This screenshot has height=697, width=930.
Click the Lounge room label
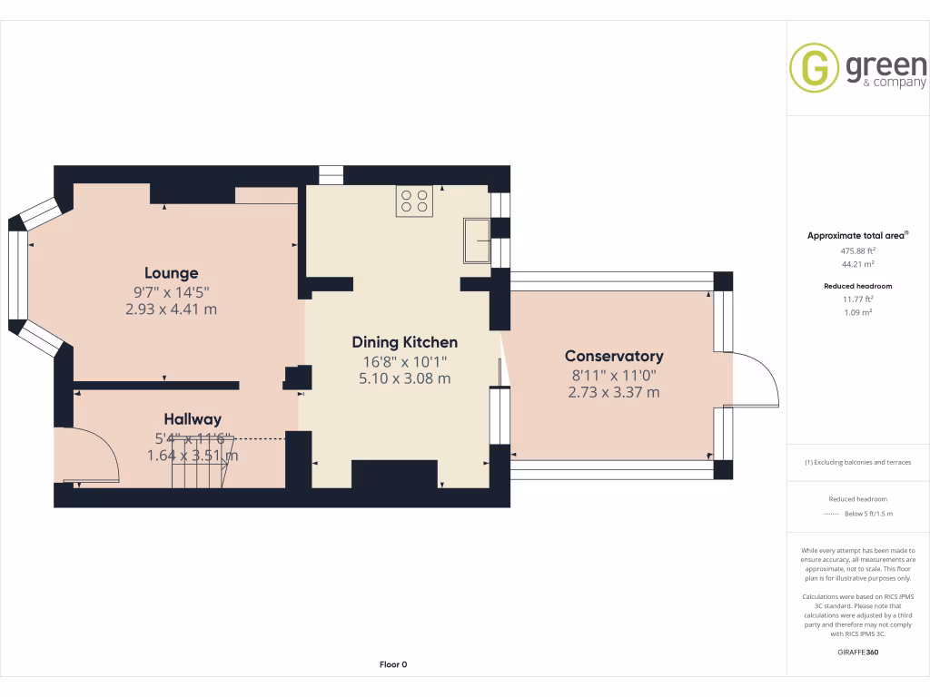coord(171,273)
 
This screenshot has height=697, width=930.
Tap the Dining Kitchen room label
coord(404,342)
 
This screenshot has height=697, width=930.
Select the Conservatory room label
coord(614,357)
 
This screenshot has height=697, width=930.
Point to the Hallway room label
coord(193,419)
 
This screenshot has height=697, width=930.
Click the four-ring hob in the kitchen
coord(413,200)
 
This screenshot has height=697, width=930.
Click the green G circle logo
coord(814,68)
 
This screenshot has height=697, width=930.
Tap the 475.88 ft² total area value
coord(857,250)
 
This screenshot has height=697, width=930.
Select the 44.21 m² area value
coord(857,264)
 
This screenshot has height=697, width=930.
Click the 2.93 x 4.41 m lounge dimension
coord(171,309)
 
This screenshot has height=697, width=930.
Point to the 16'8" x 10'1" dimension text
coord(404,361)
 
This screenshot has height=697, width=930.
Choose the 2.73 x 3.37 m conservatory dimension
coord(614,393)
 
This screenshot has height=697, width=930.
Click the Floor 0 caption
coord(392,664)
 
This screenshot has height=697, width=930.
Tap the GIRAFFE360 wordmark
coord(857,652)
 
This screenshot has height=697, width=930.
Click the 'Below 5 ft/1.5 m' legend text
coord(869,514)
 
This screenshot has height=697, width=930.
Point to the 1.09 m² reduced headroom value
coord(857,311)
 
